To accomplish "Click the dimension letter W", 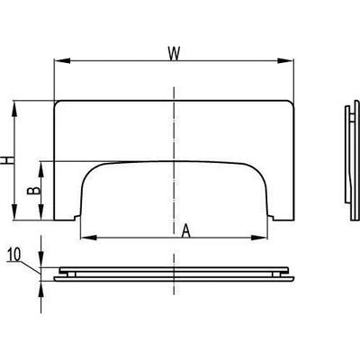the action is pos(174,54).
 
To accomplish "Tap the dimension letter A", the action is pos(186,231).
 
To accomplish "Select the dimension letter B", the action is pos(33,191).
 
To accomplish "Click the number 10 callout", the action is pos(14,255).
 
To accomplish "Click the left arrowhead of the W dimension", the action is pos(62,61).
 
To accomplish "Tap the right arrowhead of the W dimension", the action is pos(285,61).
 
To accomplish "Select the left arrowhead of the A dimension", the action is pos(89,238).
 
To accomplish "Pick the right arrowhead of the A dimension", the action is pos(258,238).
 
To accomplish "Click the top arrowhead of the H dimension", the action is pos(14,110).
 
